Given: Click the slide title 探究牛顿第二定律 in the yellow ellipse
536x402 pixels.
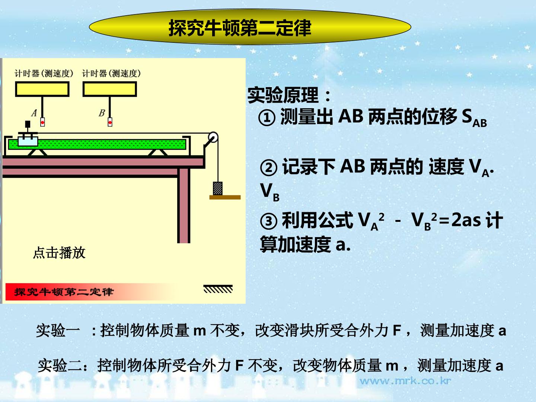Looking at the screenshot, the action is (x=240, y=28).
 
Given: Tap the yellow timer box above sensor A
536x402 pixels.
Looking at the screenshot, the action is (x=42, y=89).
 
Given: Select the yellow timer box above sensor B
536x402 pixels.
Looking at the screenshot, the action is (x=110, y=89).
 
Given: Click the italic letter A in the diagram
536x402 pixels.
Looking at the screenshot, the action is (x=34, y=113).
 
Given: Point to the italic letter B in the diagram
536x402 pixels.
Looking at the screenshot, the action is (x=102, y=113).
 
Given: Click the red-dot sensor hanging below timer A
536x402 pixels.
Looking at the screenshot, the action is (x=42, y=122).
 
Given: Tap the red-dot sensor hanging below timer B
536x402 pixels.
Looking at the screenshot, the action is (x=110, y=122).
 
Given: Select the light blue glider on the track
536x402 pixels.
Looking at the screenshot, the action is (x=28, y=141).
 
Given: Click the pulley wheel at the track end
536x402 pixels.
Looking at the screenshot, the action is (x=213, y=137).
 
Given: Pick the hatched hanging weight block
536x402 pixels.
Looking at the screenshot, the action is (x=218, y=188).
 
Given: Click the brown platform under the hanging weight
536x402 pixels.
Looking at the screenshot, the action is (x=225, y=197).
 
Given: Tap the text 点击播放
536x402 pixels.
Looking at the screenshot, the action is (x=59, y=253).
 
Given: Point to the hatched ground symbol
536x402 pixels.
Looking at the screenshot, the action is (x=218, y=289).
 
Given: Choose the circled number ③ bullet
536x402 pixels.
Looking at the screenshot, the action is (x=269, y=221).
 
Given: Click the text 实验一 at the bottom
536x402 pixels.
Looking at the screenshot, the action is (x=58, y=331).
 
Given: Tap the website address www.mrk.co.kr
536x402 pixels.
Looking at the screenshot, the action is (x=405, y=381).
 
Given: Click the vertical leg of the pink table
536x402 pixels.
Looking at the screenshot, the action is (x=184, y=205).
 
